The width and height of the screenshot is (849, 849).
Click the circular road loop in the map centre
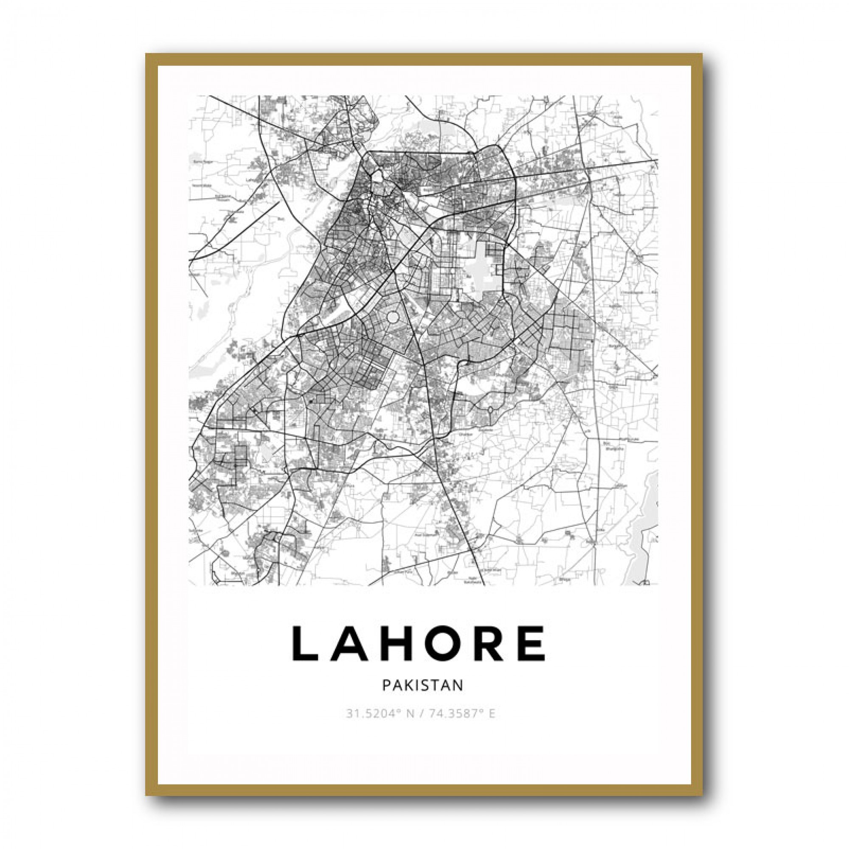tap(392, 317)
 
